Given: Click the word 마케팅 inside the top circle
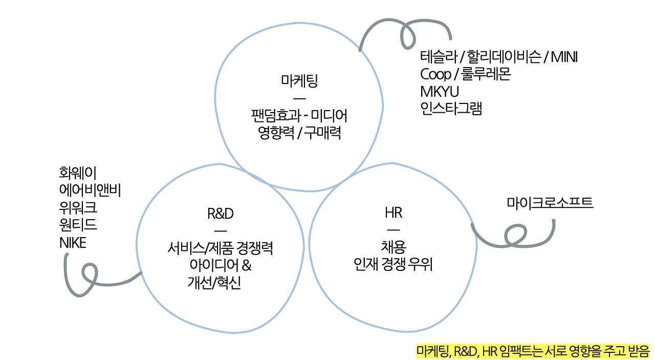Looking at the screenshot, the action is pos(300,81).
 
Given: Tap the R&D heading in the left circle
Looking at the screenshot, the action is pos(221,213).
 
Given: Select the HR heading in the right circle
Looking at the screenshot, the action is pos(394,212).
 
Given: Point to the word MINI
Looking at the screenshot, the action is pos(564,57).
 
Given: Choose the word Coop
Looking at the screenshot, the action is pos(435,74).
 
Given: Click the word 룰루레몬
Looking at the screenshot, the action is pos(486,74).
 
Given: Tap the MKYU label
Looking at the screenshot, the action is pos(440,92).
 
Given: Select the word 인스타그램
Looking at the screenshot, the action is pos(451,109).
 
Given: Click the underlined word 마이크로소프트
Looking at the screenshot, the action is pos(550,202).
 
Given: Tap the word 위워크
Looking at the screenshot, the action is pos(78,207).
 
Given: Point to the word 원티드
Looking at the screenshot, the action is pos(78,225).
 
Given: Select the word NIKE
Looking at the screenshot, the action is pos(73,242).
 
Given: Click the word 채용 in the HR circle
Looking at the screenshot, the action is pos(394,247).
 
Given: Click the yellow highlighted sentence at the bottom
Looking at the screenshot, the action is pos(533,351).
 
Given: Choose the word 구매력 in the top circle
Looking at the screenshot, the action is pos(323,133).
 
